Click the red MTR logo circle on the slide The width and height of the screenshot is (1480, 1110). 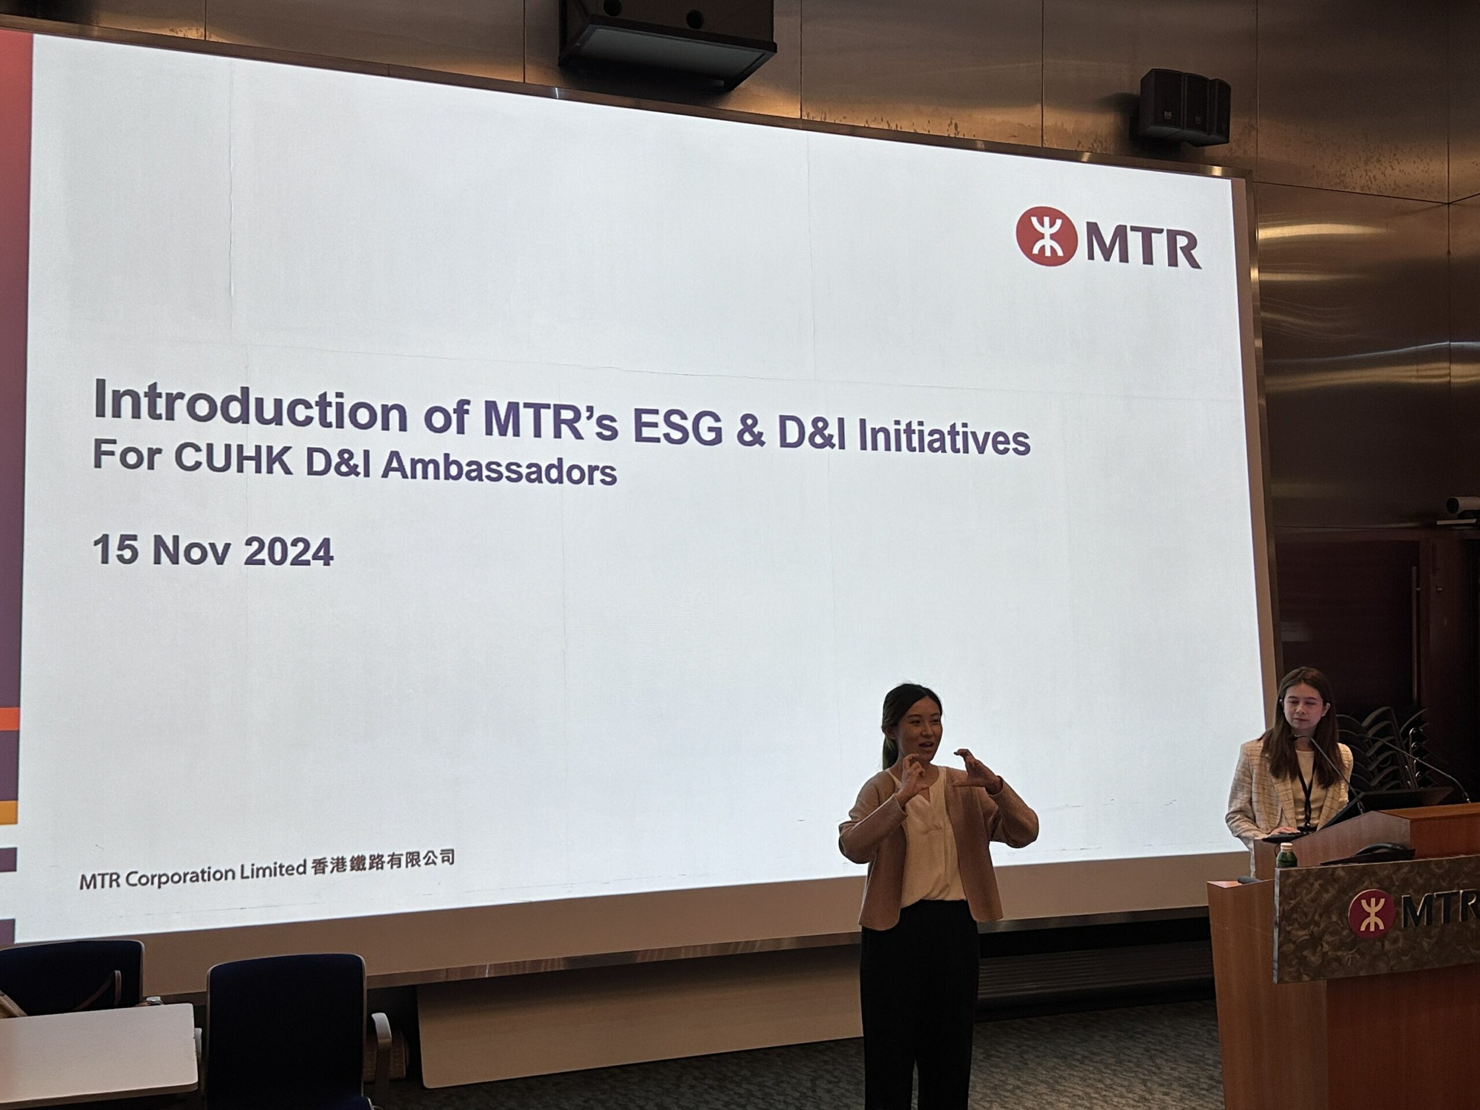coord(1046,236)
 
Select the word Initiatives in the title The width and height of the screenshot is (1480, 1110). coord(943,438)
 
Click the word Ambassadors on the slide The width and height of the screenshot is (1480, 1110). coord(498,467)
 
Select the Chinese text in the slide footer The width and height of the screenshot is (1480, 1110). coord(383,863)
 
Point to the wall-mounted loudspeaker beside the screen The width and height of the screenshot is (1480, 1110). coord(1184,106)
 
